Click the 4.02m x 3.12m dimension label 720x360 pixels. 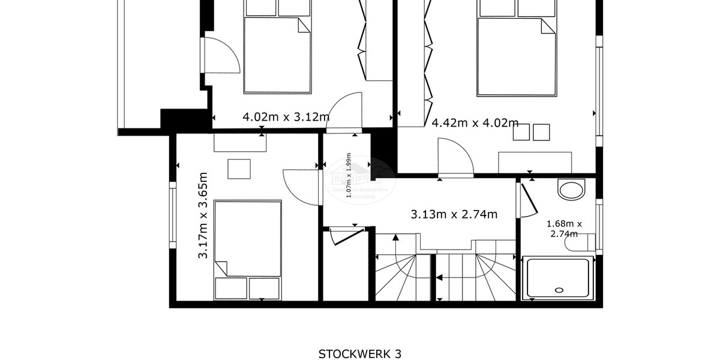tap(286, 117)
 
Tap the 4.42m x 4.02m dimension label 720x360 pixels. tap(475, 123)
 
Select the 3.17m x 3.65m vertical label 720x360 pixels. tap(203, 215)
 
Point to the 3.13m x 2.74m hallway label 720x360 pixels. tap(454, 214)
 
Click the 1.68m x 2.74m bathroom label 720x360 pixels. tap(563, 229)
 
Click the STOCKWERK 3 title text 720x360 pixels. tap(359, 353)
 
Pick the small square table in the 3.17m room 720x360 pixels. tap(239, 169)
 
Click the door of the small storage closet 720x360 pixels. tap(347, 235)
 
